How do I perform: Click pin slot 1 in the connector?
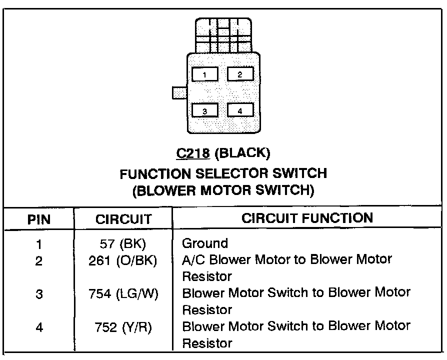(x=204, y=75)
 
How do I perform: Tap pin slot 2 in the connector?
(x=240, y=74)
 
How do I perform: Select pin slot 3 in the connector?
(x=204, y=110)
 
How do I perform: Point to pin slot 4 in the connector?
(x=240, y=110)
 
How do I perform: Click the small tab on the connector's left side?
(x=178, y=92)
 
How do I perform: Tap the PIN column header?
(x=38, y=219)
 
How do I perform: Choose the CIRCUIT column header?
(x=123, y=219)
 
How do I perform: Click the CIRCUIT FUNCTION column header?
(x=307, y=218)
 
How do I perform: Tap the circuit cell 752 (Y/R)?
(x=123, y=327)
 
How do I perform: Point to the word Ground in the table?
(x=205, y=243)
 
